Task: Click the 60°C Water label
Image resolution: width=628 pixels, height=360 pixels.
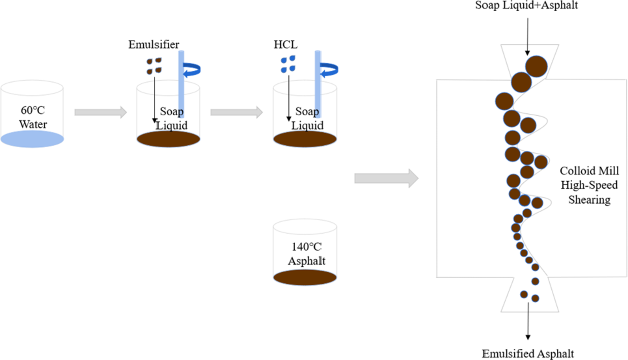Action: click(33, 117)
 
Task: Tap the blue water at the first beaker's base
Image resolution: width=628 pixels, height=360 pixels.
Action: click(32, 139)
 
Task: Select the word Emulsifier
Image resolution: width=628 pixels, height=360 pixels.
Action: click(154, 44)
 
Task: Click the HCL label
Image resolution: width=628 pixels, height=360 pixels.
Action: click(285, 44)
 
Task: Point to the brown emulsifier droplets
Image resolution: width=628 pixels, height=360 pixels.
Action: click(154, 65)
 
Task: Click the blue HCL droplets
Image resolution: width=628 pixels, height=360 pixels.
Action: click(288, 64)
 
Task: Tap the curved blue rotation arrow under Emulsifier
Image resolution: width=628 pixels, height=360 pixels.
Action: click(193, 70)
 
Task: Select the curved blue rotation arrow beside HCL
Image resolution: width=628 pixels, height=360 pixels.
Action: click(329, 70)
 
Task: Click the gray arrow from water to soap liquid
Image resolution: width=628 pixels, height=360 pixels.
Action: click(100, 112)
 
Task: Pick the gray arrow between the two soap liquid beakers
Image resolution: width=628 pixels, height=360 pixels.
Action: click(236, 112)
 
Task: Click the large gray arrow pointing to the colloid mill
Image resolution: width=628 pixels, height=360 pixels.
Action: click(386, 178)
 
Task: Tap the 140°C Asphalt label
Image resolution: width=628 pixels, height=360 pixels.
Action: click(306, 254)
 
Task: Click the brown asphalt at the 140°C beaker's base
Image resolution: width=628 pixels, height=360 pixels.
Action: click(305, 277)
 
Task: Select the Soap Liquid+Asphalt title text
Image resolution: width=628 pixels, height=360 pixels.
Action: click(526, 5)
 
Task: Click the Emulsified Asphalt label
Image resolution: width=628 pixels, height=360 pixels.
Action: click(528, 353)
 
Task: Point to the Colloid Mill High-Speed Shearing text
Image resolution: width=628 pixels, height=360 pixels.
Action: click(589, 185)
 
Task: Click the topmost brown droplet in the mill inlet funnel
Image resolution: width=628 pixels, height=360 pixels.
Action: click(536, 66)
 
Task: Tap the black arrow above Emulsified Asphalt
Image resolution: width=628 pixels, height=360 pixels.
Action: click(528, 321)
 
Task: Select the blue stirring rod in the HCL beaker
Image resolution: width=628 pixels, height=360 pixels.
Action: click(318, 84)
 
